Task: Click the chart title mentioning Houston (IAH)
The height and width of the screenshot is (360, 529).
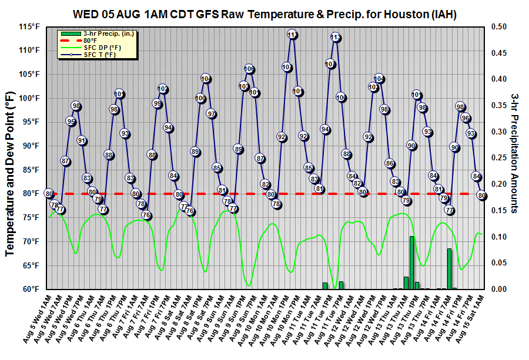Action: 264,13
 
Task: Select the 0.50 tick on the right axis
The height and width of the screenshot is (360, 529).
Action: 498,26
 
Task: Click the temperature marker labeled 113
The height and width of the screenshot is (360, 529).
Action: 336,37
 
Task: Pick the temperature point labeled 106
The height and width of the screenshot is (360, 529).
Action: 249,69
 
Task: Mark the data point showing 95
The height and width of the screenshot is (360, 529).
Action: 71,122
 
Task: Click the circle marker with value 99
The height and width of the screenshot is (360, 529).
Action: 157,103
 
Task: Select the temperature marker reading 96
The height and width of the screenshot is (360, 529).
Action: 466,117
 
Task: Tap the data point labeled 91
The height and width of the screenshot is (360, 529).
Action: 82,140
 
